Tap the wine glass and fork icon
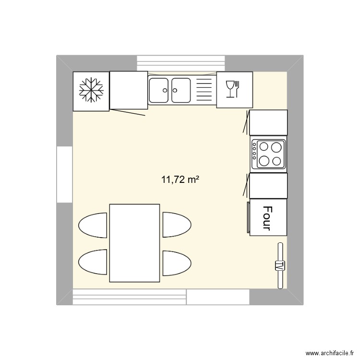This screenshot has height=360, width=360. [234, 89]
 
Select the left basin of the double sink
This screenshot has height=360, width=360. [158, 90]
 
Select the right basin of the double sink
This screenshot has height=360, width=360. [180, 90]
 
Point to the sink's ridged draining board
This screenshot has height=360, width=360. [204, 90]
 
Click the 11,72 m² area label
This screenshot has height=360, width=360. [180, 180]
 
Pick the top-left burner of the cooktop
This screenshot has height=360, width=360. [264, 146]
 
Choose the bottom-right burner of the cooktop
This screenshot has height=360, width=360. [277, 161]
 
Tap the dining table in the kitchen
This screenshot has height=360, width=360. [134, 243]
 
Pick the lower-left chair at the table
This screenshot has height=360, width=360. [93, 262]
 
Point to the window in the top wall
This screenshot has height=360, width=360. [181, 63]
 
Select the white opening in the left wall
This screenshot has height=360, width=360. [64, 174]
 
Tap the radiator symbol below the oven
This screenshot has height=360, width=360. [280, 265]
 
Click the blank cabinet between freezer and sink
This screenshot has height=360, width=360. [128, 90]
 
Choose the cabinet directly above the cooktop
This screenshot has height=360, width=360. [268, 122]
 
